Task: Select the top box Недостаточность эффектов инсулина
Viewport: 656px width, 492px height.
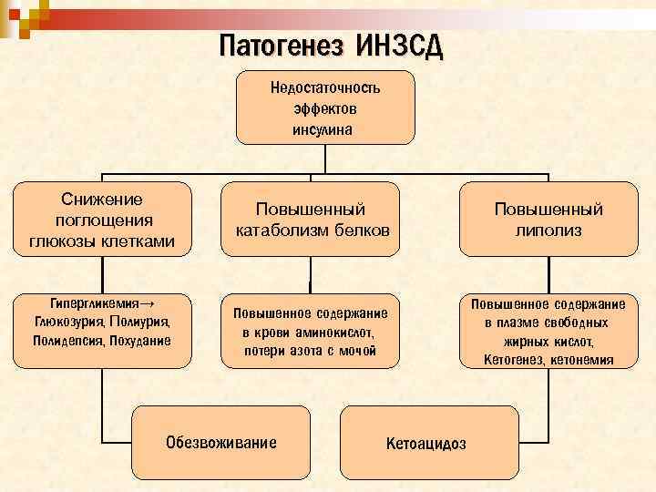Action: (325, 108)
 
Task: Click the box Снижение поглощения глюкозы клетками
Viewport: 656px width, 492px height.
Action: (102, 220)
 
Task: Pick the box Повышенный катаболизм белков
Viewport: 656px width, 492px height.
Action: (312, 220)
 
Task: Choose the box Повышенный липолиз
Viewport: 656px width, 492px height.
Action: (548, 220)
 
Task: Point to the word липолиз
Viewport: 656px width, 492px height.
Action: (548, 231)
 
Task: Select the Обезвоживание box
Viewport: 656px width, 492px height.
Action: (220, 445)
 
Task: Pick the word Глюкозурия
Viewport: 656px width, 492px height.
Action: (68, 321)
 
